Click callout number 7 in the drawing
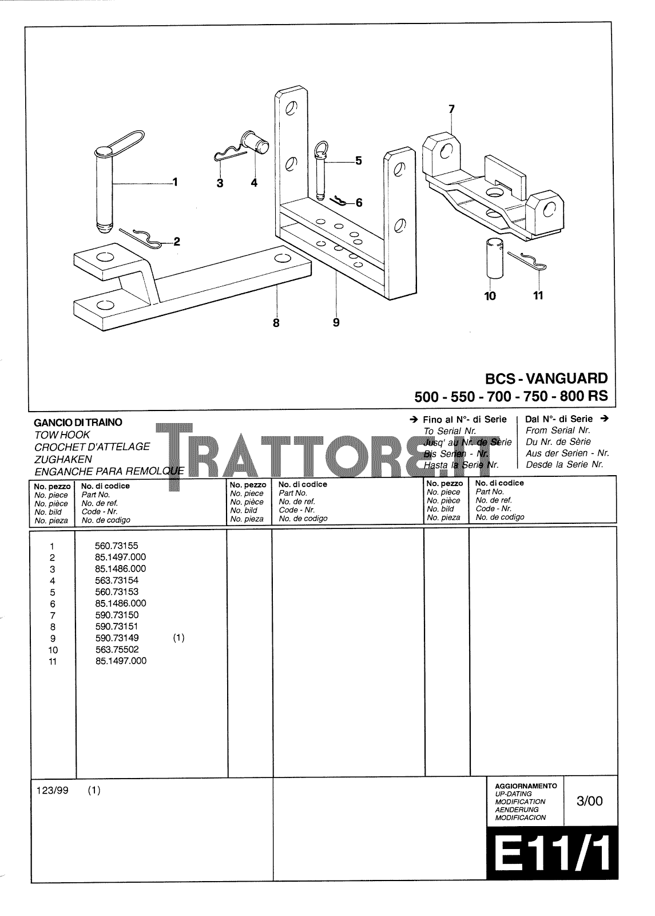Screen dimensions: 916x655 coord(451,108)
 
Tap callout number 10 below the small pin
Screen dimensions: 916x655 coord(490,296)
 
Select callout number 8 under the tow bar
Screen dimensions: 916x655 coord(276,323)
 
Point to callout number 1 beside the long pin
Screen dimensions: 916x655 coord(175,182)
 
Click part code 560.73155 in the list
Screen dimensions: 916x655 coord(117,546)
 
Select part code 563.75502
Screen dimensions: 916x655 coord(117,650)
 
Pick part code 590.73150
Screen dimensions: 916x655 coord(117,615)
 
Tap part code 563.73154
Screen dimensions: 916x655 coord(117,581)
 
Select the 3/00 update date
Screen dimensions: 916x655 coord(589,801)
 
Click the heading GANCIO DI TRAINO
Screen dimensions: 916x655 coord(78,423)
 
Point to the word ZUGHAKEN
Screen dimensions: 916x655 coord(63,459)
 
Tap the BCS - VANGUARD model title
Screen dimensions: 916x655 coord(546,378)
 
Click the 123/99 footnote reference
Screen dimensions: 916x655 coord(52,791)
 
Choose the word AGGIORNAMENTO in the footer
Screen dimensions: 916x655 coord(525,786)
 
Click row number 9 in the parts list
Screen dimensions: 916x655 coord(53,638)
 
